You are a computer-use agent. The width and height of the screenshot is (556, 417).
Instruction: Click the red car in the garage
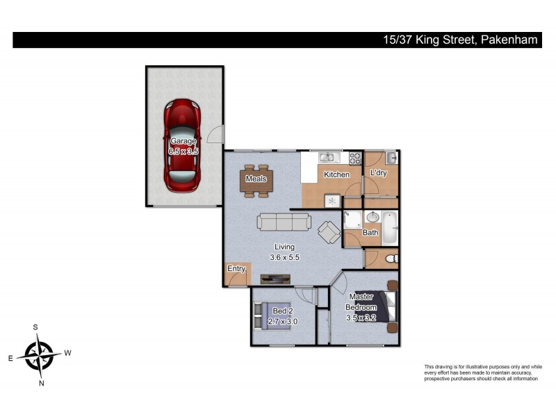pyautogui.click(x=183, y=146)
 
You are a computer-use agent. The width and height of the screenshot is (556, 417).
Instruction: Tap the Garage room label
pyautogui.click(x=183, y=141)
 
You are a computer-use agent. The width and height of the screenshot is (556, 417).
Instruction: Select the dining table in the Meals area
pyautogui.click(x=257, y=181)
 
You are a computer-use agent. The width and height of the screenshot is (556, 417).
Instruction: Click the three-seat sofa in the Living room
pyautogui.click(x=284, y=222)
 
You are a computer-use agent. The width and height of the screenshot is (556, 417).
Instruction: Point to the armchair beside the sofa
pyautogui.click(x=329, y=231)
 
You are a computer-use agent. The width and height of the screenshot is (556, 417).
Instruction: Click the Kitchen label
pyautogui.click(x=336, y=174)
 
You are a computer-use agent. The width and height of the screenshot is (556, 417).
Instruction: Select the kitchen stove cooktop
pyautogui.click(x=354, y=158)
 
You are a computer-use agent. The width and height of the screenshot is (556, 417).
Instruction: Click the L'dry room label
pyautogui.click(x=378, y=173)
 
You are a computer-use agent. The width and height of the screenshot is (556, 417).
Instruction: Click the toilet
pyautogui.click(x=390, y=259)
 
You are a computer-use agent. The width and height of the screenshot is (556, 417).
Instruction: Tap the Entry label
pyautogui.click(x=236, y=269)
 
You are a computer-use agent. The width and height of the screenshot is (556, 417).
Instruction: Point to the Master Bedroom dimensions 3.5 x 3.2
pyautogui.click(x=361, y=318)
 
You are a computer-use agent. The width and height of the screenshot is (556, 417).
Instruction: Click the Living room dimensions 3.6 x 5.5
pyautogui.click(x=284, y=257)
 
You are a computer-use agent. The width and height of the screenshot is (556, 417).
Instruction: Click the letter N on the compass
pyautogui.click(x=41, y=382)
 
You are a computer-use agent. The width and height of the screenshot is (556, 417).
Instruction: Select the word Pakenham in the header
pyautogui.click(x=509, y=40)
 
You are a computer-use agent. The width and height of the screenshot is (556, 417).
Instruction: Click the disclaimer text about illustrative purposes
pyautogui.click(x=482, y=373)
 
